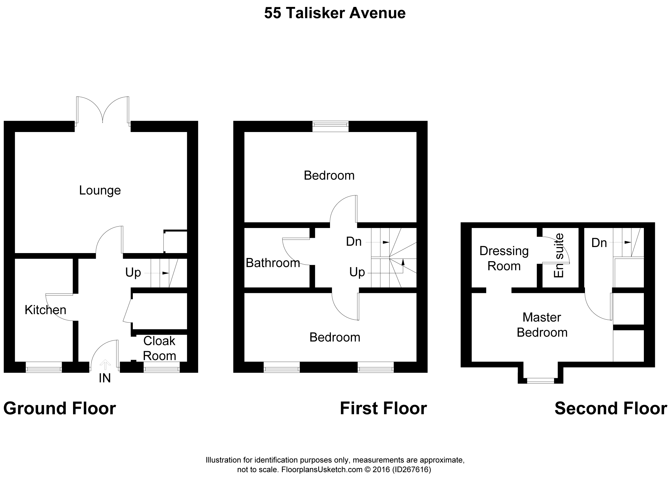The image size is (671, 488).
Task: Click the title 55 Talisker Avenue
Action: point(335,13)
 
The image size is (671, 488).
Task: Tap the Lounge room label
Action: point(100,190)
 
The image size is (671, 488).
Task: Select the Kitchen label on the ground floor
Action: point(45,310)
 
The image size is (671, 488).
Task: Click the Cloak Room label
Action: point(159,348)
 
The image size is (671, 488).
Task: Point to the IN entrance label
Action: point(105,378)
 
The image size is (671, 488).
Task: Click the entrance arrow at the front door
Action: point(105,365)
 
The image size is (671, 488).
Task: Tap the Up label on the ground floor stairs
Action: point(133,273)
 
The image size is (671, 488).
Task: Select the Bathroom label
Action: point(273,263)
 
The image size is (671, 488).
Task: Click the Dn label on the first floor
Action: point(354,242)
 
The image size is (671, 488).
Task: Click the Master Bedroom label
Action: point(542,325)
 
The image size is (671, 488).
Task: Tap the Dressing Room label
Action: point(504,259)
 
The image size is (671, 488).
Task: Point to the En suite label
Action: point(559,255)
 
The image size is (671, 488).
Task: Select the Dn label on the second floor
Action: point(599,243)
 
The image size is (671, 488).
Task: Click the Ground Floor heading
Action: point(59,408)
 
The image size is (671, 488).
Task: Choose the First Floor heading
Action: point(383,408)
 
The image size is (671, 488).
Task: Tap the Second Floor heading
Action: point(611,408)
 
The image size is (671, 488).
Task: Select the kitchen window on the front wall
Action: point(44,369)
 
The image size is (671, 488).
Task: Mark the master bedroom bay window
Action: point(540,381)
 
